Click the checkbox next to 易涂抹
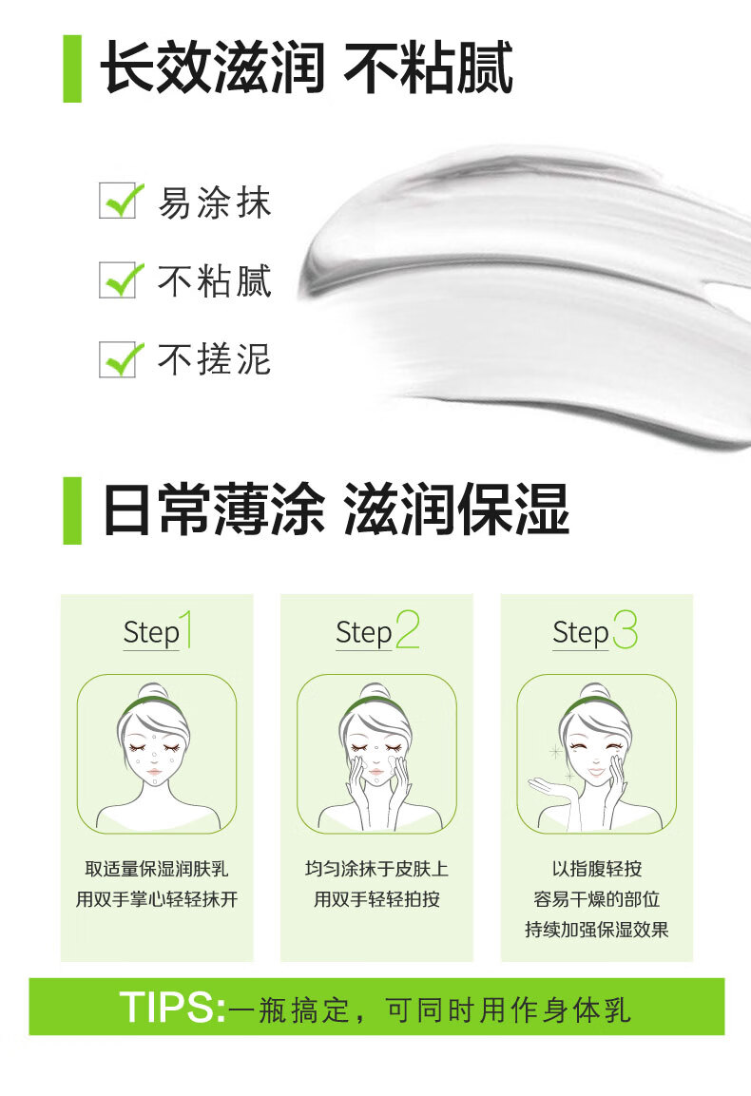118,202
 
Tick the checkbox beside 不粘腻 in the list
118,280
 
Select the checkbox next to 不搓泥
118,359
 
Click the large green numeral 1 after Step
186,629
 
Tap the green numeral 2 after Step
407,629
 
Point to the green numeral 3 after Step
626,629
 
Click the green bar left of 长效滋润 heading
72,68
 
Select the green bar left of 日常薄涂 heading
72,510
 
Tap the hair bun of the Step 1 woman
153,691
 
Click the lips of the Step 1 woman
155,772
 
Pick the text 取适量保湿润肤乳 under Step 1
157,869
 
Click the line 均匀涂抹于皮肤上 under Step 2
376,869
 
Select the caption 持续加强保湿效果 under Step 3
596,930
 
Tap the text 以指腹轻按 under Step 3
596,869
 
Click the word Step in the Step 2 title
363,633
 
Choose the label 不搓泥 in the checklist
214,359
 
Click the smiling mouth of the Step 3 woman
596,773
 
